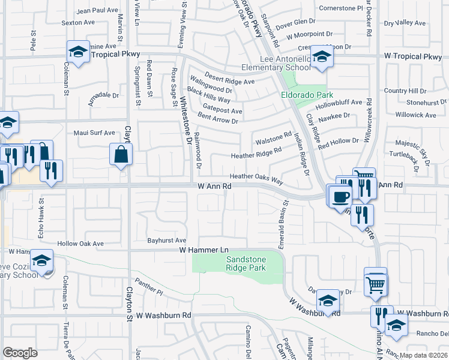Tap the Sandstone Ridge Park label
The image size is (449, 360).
(x=245, y=264)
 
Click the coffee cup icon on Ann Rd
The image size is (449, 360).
(x=340, y=196)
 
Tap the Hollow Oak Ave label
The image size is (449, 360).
(x=80, y=244)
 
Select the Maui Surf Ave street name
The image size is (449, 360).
(x=94, y=133)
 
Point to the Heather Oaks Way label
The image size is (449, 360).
(x=256, y=178)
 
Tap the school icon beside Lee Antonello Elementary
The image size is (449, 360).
(x=322, y=58)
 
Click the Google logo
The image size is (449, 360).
(x=20, y=352)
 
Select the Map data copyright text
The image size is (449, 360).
(x=424, y=355)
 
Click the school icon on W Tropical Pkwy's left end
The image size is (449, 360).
(x=77, y=52)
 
